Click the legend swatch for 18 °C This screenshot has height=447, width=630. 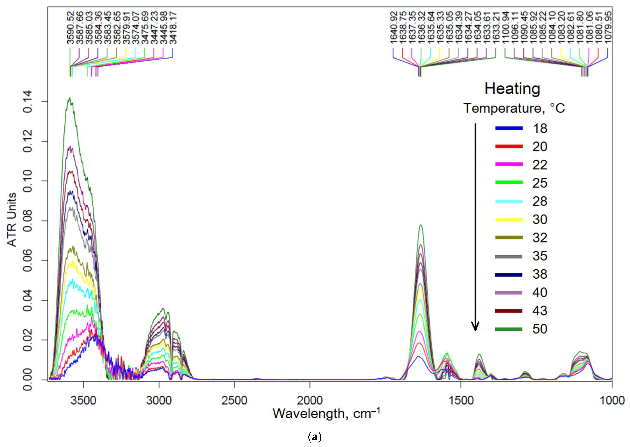click(x=509, y=128)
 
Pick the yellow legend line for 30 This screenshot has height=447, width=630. click(x=509, y=219)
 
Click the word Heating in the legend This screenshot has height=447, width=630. click(x=512, y=89)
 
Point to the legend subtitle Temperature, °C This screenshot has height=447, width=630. click(x=514, y=108)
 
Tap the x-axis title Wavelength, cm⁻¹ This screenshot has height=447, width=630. click(x=326, y=413)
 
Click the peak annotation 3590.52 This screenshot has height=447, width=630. click(x=71, y=27)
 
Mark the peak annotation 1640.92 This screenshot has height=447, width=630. click(x=393, y=27)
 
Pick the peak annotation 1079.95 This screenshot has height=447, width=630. click(x=608, y=27)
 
